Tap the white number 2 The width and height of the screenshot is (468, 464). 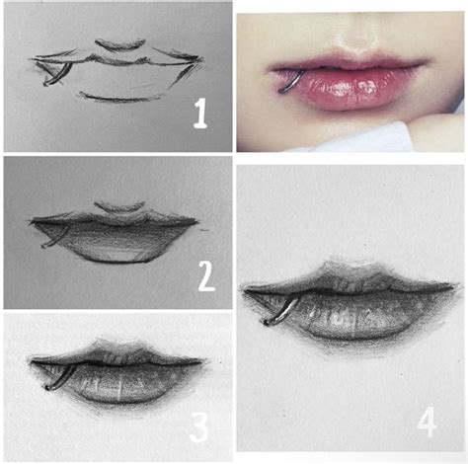click(x=205, y=275)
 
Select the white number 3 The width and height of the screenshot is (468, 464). click(x=199, y=427)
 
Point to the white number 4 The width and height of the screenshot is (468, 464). click(x=427, y=422)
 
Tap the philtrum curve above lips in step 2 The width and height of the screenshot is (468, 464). click(x=121, y=207)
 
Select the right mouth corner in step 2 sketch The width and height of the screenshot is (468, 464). click(x=203, y=229)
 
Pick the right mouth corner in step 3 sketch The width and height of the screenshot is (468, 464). click(x=202, y=363)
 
